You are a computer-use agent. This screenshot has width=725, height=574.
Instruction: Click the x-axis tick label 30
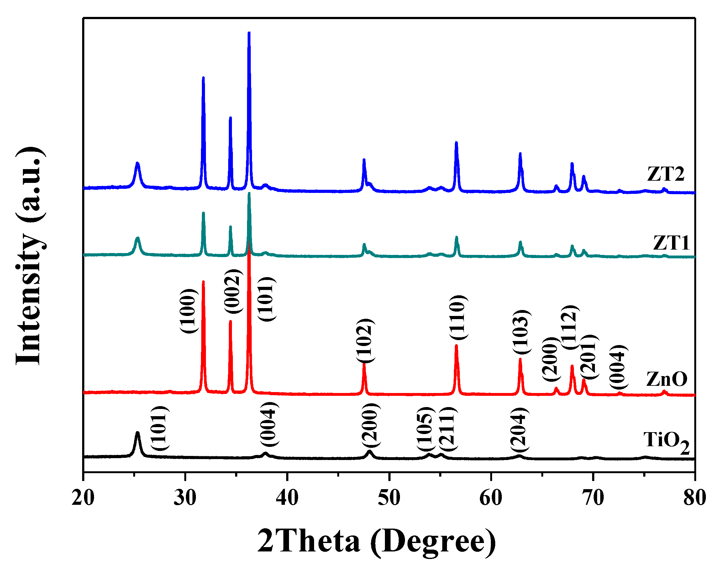coord(185,498)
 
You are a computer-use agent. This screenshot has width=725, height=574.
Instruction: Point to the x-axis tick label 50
coord(389,498)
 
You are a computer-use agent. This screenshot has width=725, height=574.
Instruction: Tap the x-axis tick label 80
coord(694,498)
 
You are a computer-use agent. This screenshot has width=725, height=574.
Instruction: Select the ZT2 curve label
coord(665,174)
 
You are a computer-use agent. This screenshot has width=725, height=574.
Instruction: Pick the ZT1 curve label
coord(671,243)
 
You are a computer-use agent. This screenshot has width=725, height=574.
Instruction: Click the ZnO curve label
coord(666,379)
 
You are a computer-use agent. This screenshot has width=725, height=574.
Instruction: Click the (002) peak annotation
coord(233,291)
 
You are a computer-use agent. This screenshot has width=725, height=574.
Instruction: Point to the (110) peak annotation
coord(458,318)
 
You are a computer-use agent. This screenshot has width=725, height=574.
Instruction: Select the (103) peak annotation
coord(522,332)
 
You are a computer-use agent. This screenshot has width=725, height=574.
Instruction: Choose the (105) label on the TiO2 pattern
coord(426,430)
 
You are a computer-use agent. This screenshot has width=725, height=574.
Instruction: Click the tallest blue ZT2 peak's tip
coord(249,33)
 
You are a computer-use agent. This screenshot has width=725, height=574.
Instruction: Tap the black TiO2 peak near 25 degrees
coord(137,433)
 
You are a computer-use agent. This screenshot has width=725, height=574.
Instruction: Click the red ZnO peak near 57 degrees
coord(456,346)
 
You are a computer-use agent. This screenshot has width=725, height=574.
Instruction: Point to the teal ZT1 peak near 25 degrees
coord(137,238)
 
